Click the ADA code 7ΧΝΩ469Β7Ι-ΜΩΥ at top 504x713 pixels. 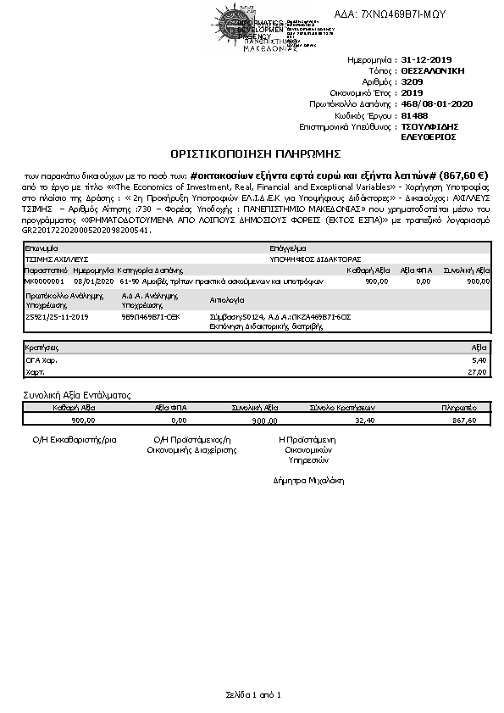pos(390,14)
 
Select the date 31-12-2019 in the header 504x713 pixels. pos(428,61)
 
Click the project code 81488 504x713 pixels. pos(413,114)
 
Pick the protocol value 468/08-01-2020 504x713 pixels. pos(436,103)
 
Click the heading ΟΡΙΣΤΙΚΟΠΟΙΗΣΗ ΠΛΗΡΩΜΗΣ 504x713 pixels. pos(255,153)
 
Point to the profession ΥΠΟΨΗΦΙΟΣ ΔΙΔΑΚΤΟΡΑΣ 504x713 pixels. pos(310,259)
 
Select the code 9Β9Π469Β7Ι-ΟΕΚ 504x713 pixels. pos(150,315)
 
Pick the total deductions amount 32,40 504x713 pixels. pos(365,420)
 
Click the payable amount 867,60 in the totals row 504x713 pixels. pos(465,420)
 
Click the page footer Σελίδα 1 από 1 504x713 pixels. pos(252,694)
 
